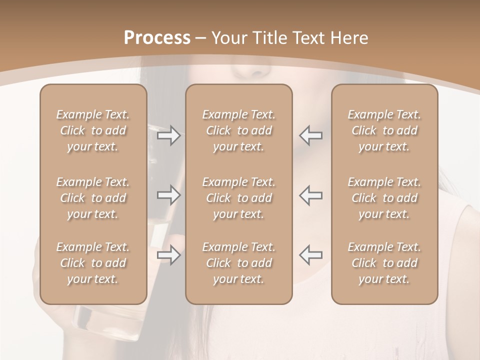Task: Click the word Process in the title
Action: [157, 38]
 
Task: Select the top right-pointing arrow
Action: [168, 135]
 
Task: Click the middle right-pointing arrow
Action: [168, 195]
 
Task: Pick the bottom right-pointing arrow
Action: [168, 255]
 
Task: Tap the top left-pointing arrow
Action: [310, 135]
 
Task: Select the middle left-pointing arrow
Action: [310, 195]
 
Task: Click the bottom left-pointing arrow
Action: [310, 255]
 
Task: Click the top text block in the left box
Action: [93, 130]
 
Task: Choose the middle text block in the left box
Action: [93, 198]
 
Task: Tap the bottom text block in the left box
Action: [93, 263]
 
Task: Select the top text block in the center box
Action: [238, 130]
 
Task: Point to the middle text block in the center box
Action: [238, 198]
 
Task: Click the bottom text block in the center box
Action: [238, 263]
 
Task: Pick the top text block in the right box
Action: [384, 130]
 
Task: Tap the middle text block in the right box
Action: [384, 198]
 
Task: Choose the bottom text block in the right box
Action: [384, 263]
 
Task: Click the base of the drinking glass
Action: [107, 320]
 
